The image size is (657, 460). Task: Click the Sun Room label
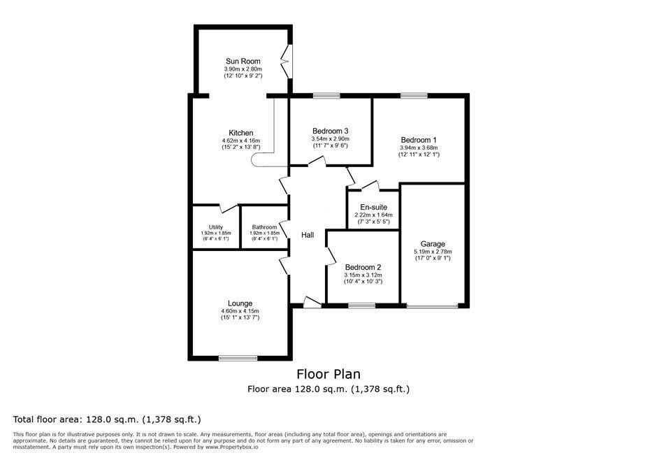coord(243,62)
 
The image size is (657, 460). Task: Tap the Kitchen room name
coord(241,133)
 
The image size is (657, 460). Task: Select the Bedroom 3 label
coord(330,131)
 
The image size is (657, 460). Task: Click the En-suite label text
coord(373,207)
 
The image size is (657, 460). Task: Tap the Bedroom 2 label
coord(363,267)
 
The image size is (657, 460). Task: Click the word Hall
coord(308,236)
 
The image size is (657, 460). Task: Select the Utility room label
coord(216,227)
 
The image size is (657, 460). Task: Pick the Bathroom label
coord(264,227)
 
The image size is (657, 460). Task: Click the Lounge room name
coord(239,303)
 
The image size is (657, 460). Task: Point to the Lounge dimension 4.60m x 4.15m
coord(239,311)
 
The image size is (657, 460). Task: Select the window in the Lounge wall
coord(239,359)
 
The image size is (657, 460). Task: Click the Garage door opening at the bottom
coord(433,306)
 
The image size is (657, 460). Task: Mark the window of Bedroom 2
coord(361,305)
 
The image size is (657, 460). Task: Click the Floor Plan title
coord(328,374)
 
